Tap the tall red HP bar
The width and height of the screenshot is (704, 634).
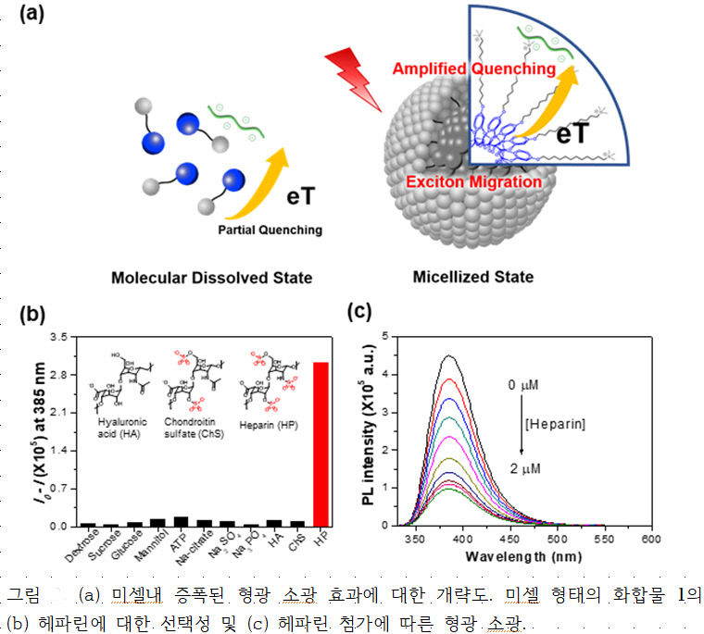(321, 444)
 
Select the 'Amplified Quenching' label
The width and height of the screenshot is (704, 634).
(473, 68)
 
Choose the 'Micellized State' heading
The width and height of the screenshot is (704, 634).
(473, 276)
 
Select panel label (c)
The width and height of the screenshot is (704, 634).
(358, 311)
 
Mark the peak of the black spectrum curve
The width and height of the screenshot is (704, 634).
(449, 355)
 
